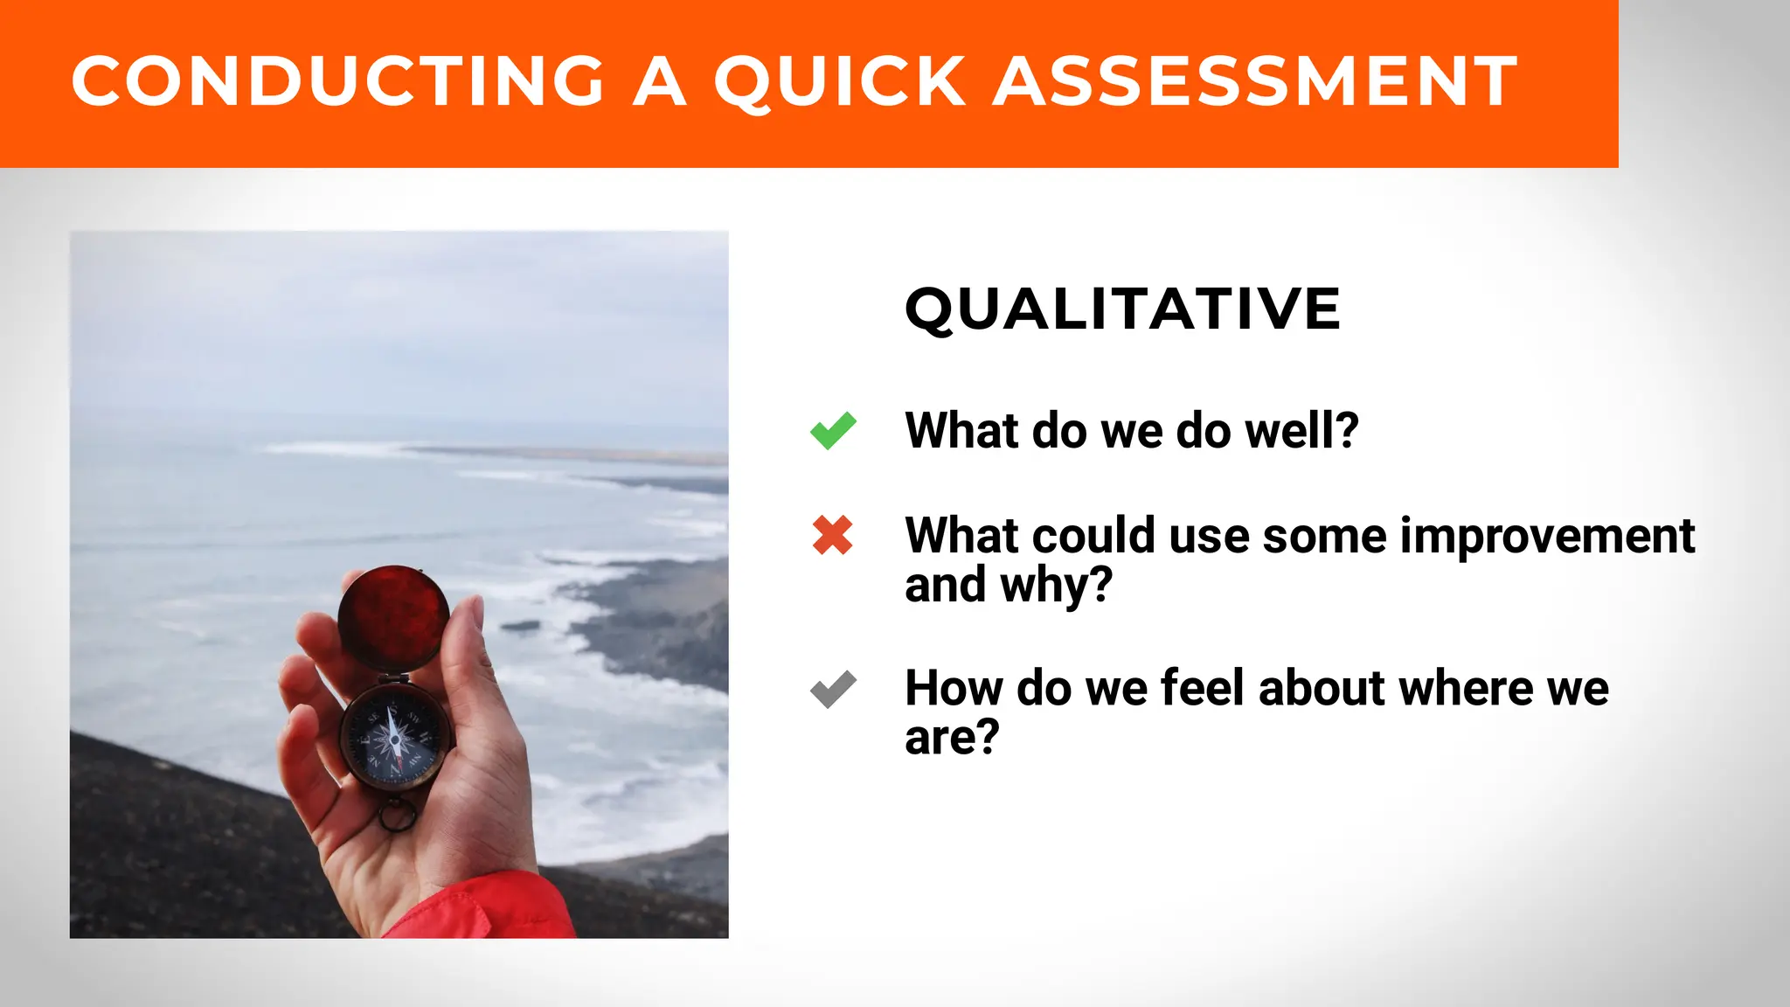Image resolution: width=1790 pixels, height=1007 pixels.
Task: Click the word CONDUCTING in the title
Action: pos(336,81)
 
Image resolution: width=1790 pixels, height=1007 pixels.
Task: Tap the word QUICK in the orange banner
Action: pos(840,81)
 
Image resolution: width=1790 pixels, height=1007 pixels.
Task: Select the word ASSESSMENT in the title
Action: pos(1255,81)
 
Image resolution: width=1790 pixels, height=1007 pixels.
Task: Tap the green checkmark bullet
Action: pos(833,430)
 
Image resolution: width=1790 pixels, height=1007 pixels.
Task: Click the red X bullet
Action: pos(832,536)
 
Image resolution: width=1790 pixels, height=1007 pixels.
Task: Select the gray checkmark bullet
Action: pos(833,689)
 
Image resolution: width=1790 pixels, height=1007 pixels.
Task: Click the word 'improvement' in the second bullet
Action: pos(1547,536)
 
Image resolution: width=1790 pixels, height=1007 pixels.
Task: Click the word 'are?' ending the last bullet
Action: pos(951,738)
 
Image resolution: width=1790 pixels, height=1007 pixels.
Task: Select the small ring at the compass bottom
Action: pos(398,817)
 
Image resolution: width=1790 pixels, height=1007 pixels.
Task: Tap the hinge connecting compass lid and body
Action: pos(394,677)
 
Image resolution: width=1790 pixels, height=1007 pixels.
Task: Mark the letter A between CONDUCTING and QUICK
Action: pos(659,81)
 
